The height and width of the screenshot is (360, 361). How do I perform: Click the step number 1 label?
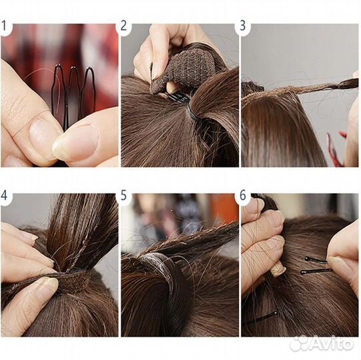tap(4, 26)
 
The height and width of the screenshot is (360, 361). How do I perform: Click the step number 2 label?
tap(123, 26)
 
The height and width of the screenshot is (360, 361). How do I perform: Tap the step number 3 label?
tap(243, 26)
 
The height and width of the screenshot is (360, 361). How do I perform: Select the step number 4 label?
tap(4, 195)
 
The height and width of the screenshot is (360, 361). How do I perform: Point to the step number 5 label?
tap(123, 195)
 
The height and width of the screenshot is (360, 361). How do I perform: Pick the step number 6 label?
tap(243, 195)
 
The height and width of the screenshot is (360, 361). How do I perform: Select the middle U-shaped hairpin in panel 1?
tap(73, 92)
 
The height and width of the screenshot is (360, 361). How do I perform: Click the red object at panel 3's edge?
tap(336, 147)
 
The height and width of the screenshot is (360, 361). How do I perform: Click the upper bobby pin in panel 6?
tap(316, 260)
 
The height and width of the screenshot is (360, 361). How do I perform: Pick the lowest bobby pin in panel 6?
tap(262, 318)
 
